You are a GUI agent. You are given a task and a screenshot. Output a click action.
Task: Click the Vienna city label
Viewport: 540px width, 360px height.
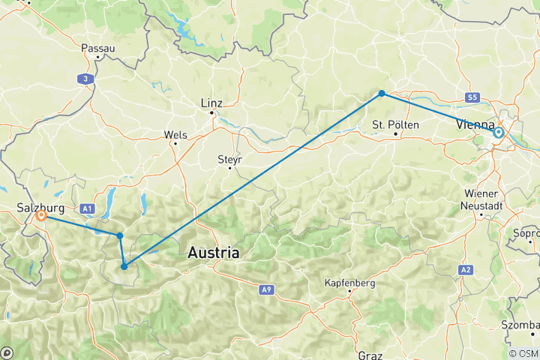[x=475, y=125]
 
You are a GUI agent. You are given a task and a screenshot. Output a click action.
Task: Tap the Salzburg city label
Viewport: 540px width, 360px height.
[x=39, y=204]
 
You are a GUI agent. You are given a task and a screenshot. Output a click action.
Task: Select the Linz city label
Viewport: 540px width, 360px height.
[x=212, y=102]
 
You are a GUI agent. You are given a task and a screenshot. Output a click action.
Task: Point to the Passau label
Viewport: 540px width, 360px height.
[x=98, y=48]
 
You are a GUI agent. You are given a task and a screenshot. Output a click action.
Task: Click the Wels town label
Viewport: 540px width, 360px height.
[x=175, y=136]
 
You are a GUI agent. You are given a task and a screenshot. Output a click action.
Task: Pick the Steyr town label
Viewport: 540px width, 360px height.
[x=229, y=159]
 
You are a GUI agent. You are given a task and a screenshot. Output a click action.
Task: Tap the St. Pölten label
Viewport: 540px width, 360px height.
[x=394, y=124]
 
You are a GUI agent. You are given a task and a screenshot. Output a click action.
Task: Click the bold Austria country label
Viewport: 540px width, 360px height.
[x=214, y=253]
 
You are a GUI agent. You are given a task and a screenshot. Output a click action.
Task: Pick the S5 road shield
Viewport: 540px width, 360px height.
[x=471, y=97]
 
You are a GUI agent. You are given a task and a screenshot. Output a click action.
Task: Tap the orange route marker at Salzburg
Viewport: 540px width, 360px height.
[x=40, y=216]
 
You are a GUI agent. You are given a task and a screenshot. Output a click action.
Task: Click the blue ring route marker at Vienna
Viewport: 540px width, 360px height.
[x=498, y=133]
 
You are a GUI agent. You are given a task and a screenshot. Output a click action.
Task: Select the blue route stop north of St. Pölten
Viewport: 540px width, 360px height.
[x=382, y=93]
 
